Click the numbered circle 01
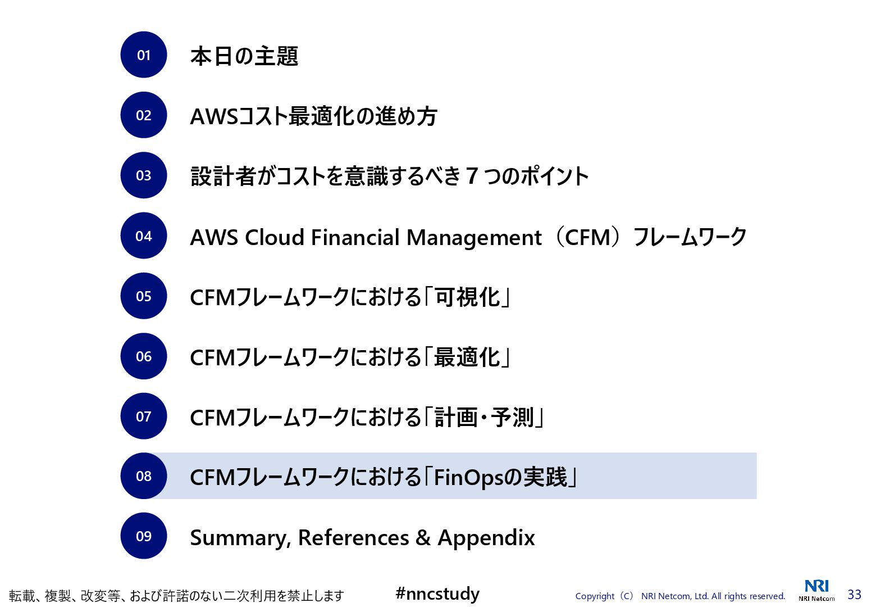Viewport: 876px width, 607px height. pos(144,55)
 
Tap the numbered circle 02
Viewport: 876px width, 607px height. pos(144,115)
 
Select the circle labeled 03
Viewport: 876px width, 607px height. pos(144,175)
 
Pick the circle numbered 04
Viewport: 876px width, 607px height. pos(144,236)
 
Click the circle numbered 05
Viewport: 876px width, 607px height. pos(144,296)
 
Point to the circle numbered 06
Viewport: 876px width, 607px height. pos(144,356)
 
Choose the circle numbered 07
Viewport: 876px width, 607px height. pos(144,416)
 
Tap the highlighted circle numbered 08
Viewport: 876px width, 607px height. pos(144,476)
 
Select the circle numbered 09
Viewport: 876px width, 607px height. pos(144,536)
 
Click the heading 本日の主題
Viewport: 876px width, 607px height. pos(244,56)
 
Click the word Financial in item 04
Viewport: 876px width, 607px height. pos(355,237)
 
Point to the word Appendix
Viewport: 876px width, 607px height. pos(486,538)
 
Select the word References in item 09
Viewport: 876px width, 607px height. pos(353,538)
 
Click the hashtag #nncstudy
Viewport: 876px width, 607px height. pos(437,594)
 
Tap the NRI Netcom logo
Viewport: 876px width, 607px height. pos(816,590)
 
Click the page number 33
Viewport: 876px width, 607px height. pos(854,595)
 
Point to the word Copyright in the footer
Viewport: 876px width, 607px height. pos(595,596)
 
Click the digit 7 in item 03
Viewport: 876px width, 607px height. pos(472,176)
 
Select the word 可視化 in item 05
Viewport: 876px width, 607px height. pos(468,297)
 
